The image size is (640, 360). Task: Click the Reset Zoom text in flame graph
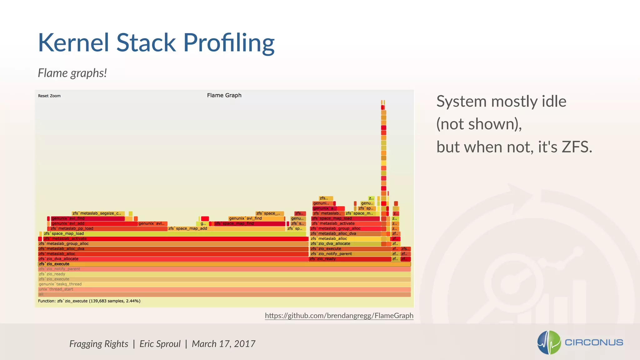(49, 96)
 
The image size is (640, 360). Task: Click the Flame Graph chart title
(224, 95)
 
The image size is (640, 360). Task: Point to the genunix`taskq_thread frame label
(60, 284)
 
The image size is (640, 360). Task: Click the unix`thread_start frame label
(56, 289)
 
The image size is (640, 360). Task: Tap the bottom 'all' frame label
(41, 294)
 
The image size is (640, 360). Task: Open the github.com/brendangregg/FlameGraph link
(339, 316)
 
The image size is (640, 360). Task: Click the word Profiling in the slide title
(229, 43)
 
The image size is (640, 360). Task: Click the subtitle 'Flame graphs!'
(72, 73)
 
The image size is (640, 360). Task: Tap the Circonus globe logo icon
(549, 342)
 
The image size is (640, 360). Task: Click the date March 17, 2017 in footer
(223, 344)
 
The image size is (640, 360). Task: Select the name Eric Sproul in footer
(160, 344)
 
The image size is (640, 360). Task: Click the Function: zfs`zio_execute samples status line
(89, 301)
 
